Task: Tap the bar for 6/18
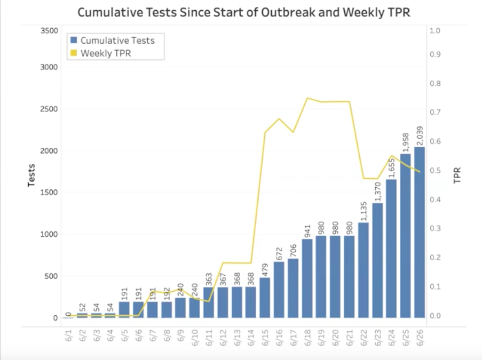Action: click(307, 278)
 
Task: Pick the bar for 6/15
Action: click(265, 297)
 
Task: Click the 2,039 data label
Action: click(420, 135)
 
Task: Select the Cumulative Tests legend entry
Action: click(121, 41)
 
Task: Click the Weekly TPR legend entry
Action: click(105, 53)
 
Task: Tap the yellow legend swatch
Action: click(74, 53)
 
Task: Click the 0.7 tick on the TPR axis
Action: click(436, 113)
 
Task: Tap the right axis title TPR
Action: click(457, 175)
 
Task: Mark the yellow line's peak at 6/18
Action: click(307, 98)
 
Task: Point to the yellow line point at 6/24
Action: click(392, 156)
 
